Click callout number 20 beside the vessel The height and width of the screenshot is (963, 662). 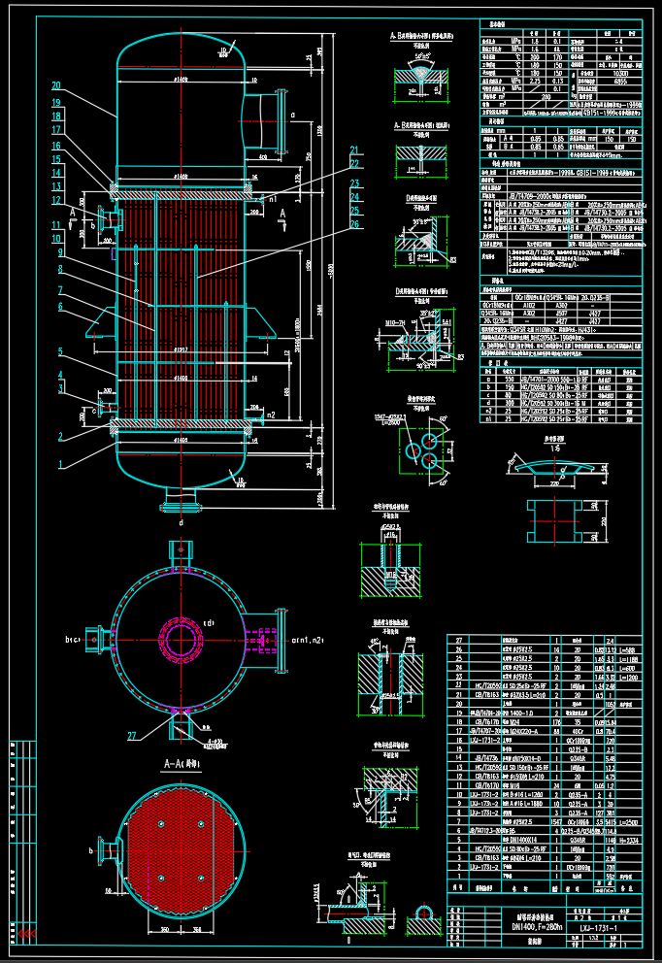[x=56, y=85]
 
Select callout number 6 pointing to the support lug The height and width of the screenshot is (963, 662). [x=59, y=307]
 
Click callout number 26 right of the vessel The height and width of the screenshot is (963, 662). [x=355, y=225]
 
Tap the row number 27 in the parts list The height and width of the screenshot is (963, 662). [x=459, y=642]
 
